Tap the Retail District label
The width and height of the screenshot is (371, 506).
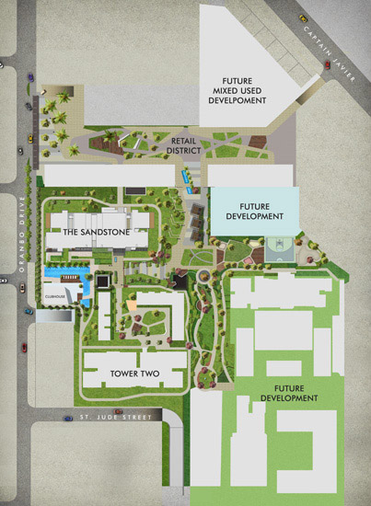click(x=189, y=144)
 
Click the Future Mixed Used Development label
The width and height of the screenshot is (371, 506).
click(x=238, y=90)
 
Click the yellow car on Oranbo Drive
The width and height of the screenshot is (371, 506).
click(x=29, y=139)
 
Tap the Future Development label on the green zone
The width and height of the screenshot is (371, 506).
click(x=289, y=393)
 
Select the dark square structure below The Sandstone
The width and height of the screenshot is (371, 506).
click(x=104, y=279)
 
